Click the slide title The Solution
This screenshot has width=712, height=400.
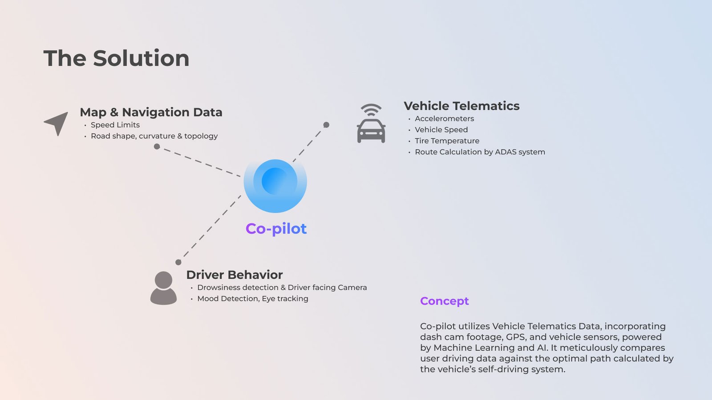point(116,58)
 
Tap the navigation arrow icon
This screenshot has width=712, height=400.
point(57,123)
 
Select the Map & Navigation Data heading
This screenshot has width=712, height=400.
point(151,112)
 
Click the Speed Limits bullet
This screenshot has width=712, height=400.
point(115,125)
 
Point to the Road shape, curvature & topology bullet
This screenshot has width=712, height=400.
point(154,136)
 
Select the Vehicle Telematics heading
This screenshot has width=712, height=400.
point(461,106)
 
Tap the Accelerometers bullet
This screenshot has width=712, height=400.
point(444,119)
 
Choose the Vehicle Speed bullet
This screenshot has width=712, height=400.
point(441,130)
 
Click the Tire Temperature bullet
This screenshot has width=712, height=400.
point(447,141)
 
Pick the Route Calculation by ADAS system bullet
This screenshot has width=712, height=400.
point(480,152)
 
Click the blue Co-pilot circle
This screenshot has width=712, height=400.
point(275,185)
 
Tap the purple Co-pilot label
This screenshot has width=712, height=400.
point(276,228)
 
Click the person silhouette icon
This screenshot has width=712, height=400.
point(163,288)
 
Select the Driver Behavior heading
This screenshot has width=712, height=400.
point(234,275)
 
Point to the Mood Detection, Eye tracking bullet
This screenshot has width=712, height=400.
point(252,299)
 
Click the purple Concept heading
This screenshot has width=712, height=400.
point(444,301)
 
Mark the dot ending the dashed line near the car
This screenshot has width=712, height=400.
point(326,125)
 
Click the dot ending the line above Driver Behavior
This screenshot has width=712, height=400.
point(178,262)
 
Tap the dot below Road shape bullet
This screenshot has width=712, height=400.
point(157,146)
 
